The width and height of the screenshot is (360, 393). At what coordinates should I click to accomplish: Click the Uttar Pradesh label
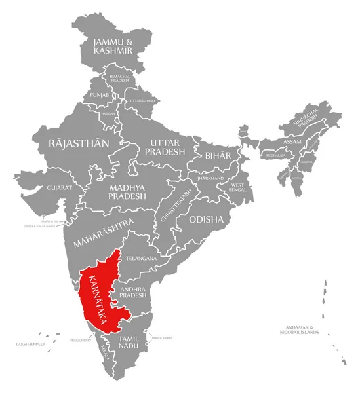165,147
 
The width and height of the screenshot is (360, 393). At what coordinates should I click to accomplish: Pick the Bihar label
218,155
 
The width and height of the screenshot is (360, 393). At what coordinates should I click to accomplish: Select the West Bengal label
236,189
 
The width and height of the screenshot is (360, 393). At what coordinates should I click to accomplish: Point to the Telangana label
141,259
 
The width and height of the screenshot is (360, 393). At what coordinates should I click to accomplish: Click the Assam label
292,141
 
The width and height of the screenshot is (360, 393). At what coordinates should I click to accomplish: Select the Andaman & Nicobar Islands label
302,329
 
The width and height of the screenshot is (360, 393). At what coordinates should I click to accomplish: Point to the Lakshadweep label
30,343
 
